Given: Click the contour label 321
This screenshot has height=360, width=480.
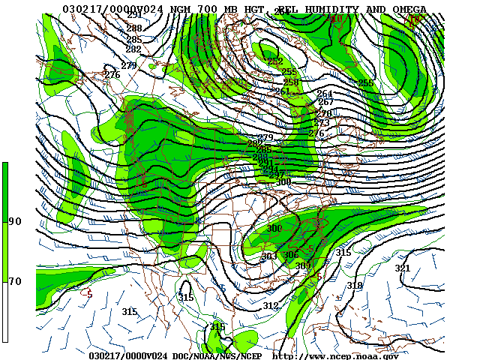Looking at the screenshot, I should tap(403, 268).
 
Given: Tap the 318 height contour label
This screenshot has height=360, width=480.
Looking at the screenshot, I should tap(355, 286).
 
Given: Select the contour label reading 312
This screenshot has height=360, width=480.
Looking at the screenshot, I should tap(271, 306).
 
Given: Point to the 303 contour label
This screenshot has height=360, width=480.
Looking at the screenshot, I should tap(269, 256).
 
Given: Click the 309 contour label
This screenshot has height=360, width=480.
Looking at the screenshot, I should tap(303, 266).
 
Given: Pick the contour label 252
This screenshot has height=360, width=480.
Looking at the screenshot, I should tap(275, 61).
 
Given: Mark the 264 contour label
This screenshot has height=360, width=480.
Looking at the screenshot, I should tap(324, 94).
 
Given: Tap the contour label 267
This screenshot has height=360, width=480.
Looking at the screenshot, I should tap(325, 102).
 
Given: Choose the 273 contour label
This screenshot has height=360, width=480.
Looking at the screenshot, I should tap(322, 123).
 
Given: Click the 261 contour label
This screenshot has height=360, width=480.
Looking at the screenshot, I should tap(282, 91).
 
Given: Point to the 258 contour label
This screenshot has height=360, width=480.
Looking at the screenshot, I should tap(290, 82).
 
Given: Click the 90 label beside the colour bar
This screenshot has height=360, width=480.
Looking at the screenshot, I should tap(15, 221).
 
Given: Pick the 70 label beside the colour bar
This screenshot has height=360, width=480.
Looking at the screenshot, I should tap(15, 281).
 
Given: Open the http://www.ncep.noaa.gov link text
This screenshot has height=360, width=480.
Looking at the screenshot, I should tap(335, 355).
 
